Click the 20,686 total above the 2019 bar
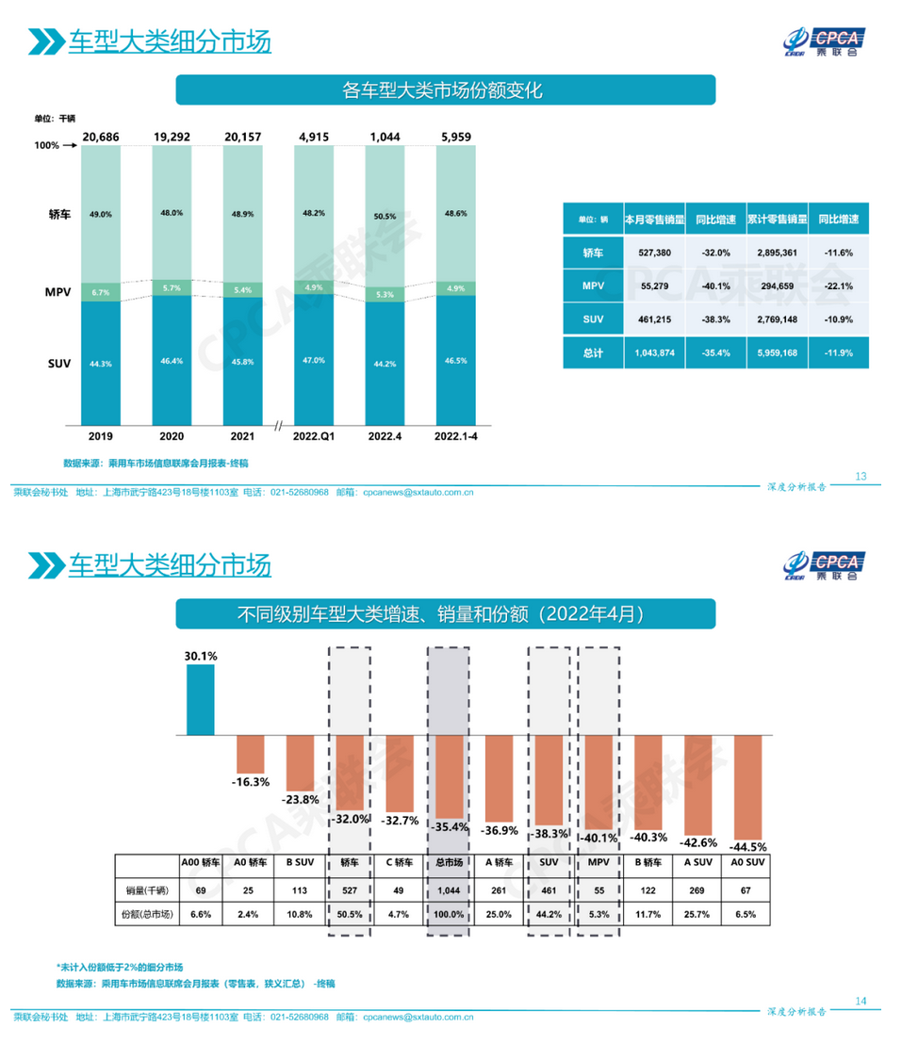101,138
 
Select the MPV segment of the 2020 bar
171,287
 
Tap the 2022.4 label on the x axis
384,437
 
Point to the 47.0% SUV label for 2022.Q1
314,360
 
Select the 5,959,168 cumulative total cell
777,352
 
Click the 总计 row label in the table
592,352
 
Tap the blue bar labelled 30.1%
200,700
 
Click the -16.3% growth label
250,782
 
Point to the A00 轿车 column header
200,861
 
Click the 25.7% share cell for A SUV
697,915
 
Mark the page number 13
860,476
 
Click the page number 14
860,1001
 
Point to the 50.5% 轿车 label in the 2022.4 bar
384,216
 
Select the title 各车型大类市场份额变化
444,90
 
